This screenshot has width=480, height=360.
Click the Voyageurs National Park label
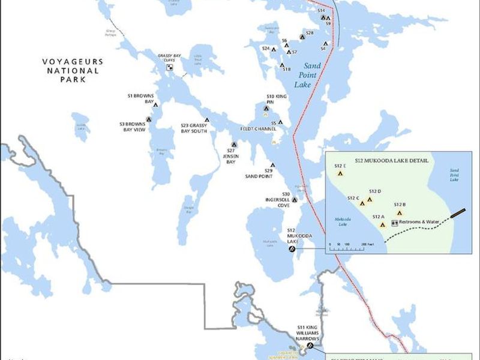[x=72, y=70]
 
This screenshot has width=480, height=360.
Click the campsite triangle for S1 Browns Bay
[x=155, y=105]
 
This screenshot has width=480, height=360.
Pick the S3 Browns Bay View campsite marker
[x=149, y=119]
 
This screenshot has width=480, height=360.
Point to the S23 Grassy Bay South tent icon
[x=208, y=119]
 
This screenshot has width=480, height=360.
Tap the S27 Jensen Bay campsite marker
[x=234, y=144]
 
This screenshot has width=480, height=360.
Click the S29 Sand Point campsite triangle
[x=272, y=165]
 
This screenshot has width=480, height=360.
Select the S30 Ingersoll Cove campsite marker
[x=294, y=200]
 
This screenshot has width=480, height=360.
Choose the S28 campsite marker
[x=303, y=37]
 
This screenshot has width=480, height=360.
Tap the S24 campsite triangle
[x=274, y=49]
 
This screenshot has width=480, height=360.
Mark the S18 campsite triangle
[x=282, y=65]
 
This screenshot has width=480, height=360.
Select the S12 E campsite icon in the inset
[x=340, y=173]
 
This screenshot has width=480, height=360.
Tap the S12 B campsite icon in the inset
[x=400, y=212]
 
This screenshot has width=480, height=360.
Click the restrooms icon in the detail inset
[x=394, y=223]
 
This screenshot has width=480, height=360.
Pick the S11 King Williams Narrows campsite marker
[x=310, y=346]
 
